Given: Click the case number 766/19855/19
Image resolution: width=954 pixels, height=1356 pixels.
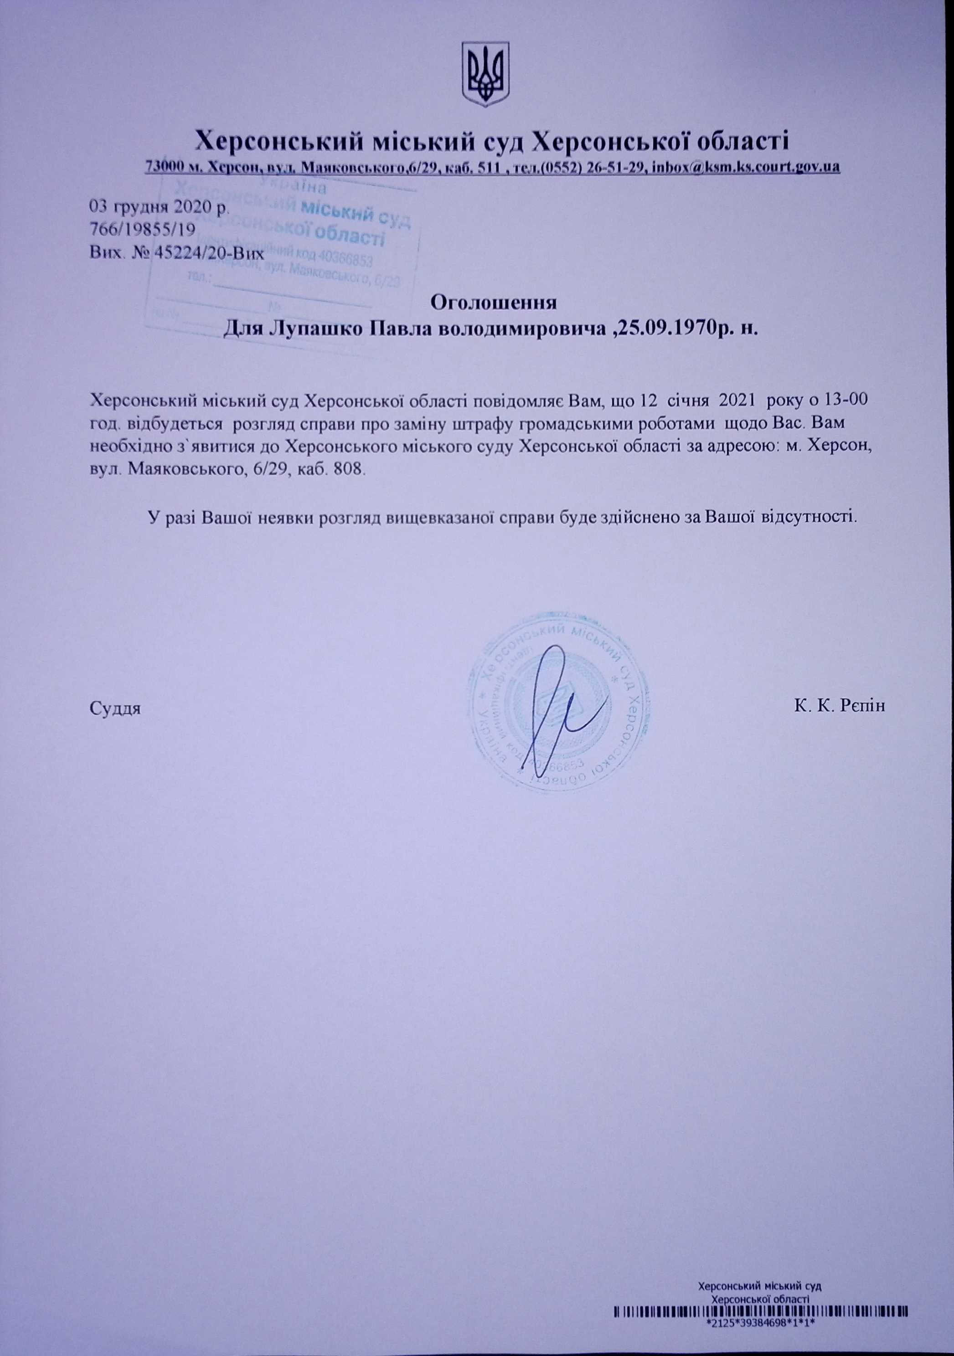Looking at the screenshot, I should click(x=141, y=230).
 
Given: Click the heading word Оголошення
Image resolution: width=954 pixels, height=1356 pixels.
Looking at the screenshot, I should click(x=494, y=303).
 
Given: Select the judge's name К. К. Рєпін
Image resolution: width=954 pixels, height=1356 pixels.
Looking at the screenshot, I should click(x=840, y=706).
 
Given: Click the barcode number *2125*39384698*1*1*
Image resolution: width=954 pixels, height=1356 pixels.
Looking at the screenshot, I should click(x=761, y=1336).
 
